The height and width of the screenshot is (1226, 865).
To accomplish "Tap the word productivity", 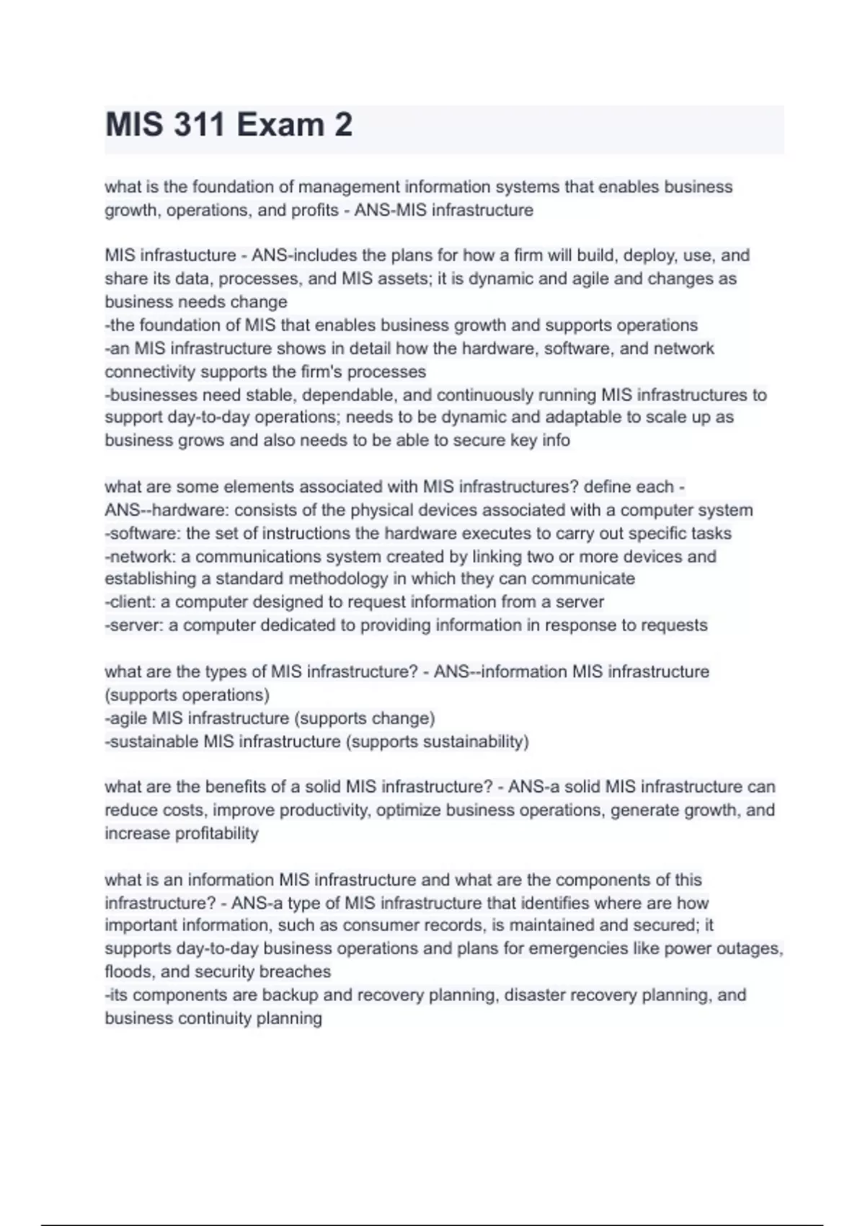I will pos(324,811).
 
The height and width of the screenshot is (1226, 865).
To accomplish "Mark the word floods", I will pos(129,972).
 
